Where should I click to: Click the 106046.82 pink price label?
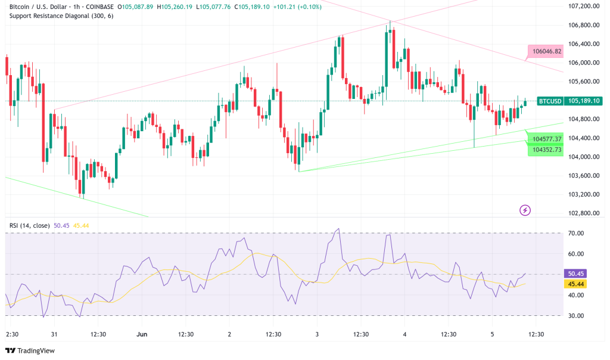(545, 51)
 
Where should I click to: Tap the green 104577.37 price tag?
(545, 139)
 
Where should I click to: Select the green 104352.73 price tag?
(545, 150)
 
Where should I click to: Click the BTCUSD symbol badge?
(549, 101)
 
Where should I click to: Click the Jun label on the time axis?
(142, 334)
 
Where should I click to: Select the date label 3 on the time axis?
(317, 334)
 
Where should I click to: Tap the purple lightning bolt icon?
(525, 210)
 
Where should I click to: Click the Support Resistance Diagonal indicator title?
(61, 15)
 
